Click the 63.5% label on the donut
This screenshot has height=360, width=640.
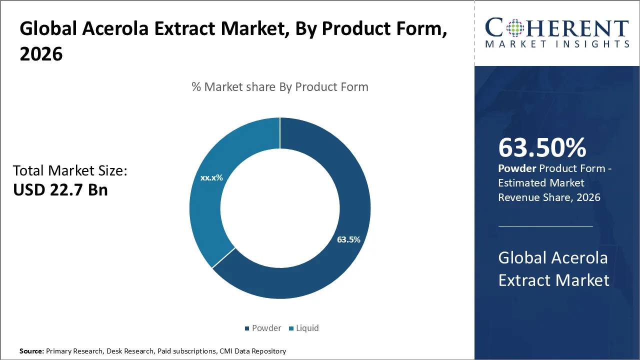[x=348, y=239]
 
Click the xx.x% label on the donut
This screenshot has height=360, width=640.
[x=211, y=177]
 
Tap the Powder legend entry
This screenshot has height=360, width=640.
[x=262, y=328]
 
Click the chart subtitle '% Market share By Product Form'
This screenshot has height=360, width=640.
[x=280, y=87]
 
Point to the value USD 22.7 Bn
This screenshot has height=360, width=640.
[x=60, y=190]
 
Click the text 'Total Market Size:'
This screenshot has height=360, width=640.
[x=70, y=171]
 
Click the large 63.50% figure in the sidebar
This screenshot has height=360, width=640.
[x=542, y=148]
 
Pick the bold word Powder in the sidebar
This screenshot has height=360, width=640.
[x=517, y=169]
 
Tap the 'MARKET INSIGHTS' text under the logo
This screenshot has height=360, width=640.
[x=557, y=44]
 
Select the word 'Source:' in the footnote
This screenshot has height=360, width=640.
[x=31, y=351]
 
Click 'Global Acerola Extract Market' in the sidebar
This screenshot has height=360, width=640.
[x=553, y=269]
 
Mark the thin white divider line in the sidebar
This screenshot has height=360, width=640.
[x=545, y=226]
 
